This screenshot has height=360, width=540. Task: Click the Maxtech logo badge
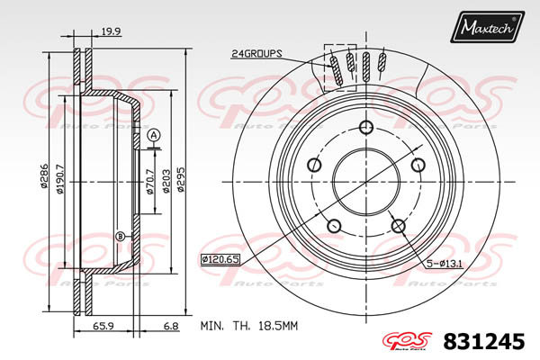487,26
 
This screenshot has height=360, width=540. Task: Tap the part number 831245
484,341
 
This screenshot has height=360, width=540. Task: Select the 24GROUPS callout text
256,54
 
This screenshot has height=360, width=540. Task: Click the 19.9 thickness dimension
111,31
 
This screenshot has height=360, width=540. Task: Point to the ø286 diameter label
44,175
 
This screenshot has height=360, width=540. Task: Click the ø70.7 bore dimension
150,182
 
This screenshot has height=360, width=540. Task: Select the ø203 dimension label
166,181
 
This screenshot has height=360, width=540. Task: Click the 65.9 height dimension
103,325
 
